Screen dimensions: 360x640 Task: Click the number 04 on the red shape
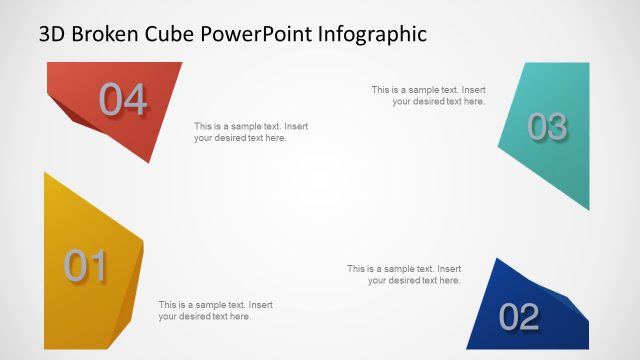pyautogui.click(x=123, y=100)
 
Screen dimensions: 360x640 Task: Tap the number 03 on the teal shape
pyautogui.click(x=547, y=127)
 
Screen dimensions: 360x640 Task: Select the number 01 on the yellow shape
pyautogui.click(x=86, y=266)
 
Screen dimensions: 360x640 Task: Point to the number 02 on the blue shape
pyautogui.click(x=519, y=317)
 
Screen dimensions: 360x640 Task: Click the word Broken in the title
pyautogui.click(x=104, y=34)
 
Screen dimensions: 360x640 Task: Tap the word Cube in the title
pyautogui.click(x=169, y=34)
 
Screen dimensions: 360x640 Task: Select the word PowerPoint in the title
pyautogui.click(x=255, y=34)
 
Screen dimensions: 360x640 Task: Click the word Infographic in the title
pyautogui.click(x=372, y=34)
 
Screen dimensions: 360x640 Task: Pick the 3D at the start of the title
pyautogui.click(x=53, y=34)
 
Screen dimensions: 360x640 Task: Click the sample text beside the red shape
pyautogui.click(x=251, y=132)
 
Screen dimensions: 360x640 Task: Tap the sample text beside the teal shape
pyautogui.click(x=429, y=95)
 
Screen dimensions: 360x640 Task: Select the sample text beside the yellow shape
pyautogui.click(x=216, y=310)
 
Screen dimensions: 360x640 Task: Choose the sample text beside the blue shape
pyautogui.click(x=404, y=274)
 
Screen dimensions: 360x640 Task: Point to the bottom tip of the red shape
pyautogui.click(x=149, y=162)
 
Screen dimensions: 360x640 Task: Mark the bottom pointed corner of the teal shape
pyautogui.click(x=588, y=210)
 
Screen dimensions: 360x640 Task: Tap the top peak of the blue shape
pyautogui.click(x=497, y=259)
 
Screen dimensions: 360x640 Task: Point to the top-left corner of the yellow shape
pyautogui.click(x=46, y=173)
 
